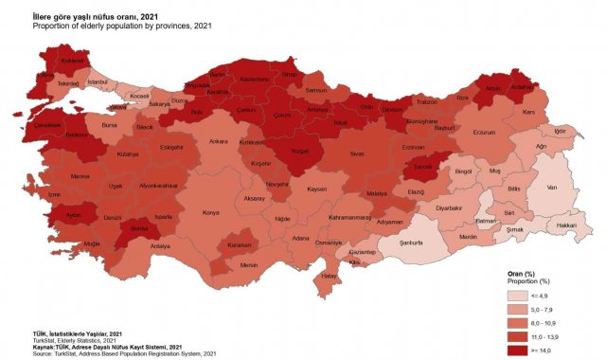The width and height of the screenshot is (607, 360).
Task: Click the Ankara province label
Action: pos(219,141)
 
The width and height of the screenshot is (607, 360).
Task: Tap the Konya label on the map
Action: pos(210,212)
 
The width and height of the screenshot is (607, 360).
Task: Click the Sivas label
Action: pos(357,152)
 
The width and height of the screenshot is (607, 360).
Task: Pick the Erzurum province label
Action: pos(486,133)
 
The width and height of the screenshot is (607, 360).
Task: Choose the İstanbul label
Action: pos(98,81)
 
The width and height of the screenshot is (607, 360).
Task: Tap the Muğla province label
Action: pos(91,243)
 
